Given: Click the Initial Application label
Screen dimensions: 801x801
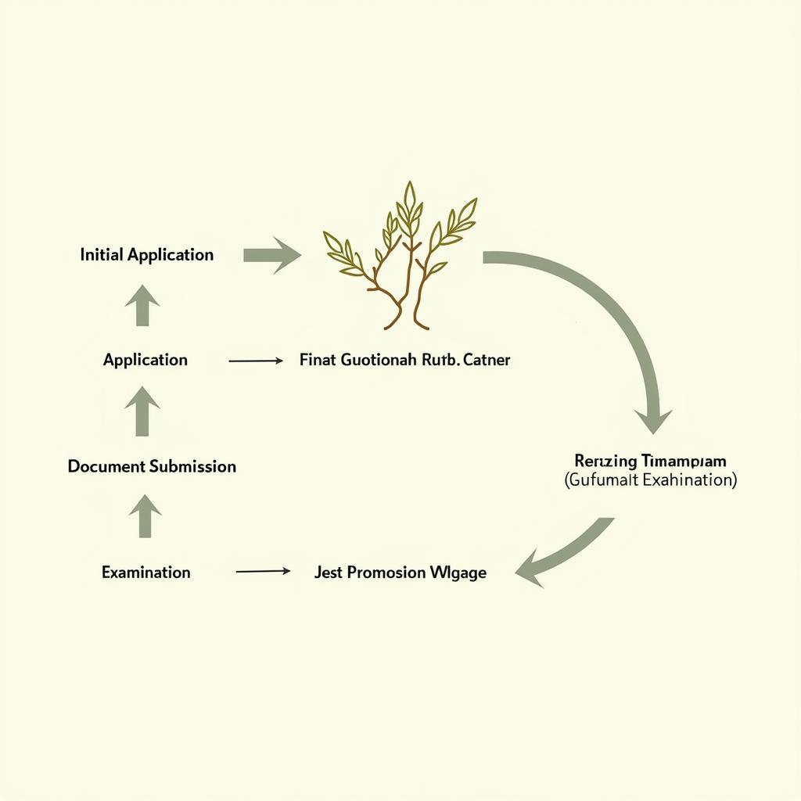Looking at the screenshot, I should click(x=146, y=255).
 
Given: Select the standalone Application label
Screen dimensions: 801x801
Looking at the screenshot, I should click(x=145, y=360).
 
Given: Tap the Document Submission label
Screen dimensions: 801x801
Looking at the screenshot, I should click(x=152, y=466).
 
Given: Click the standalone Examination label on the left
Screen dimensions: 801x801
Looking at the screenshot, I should click(x=145, y=573).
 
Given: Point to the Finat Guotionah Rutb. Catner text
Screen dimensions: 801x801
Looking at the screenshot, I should click(x=404, y=361).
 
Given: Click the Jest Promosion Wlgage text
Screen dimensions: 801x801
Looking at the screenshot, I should click(x=400, y=573).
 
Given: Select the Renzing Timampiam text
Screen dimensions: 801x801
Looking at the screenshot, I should click(x=650, y=461).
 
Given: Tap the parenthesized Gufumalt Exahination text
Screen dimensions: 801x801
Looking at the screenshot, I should click(x=650, y=480).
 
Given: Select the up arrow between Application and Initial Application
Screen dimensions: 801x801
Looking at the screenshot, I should click(x=142, y=305).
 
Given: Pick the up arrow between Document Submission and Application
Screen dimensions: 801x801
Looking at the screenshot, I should click(x=142, y=411).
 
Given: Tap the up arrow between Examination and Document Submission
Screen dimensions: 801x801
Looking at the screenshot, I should click(x=144, y=517).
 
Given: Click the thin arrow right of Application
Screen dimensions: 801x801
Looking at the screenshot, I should click(x=256, y=361).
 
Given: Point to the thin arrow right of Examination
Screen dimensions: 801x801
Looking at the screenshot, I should click(x=263, y=572).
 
